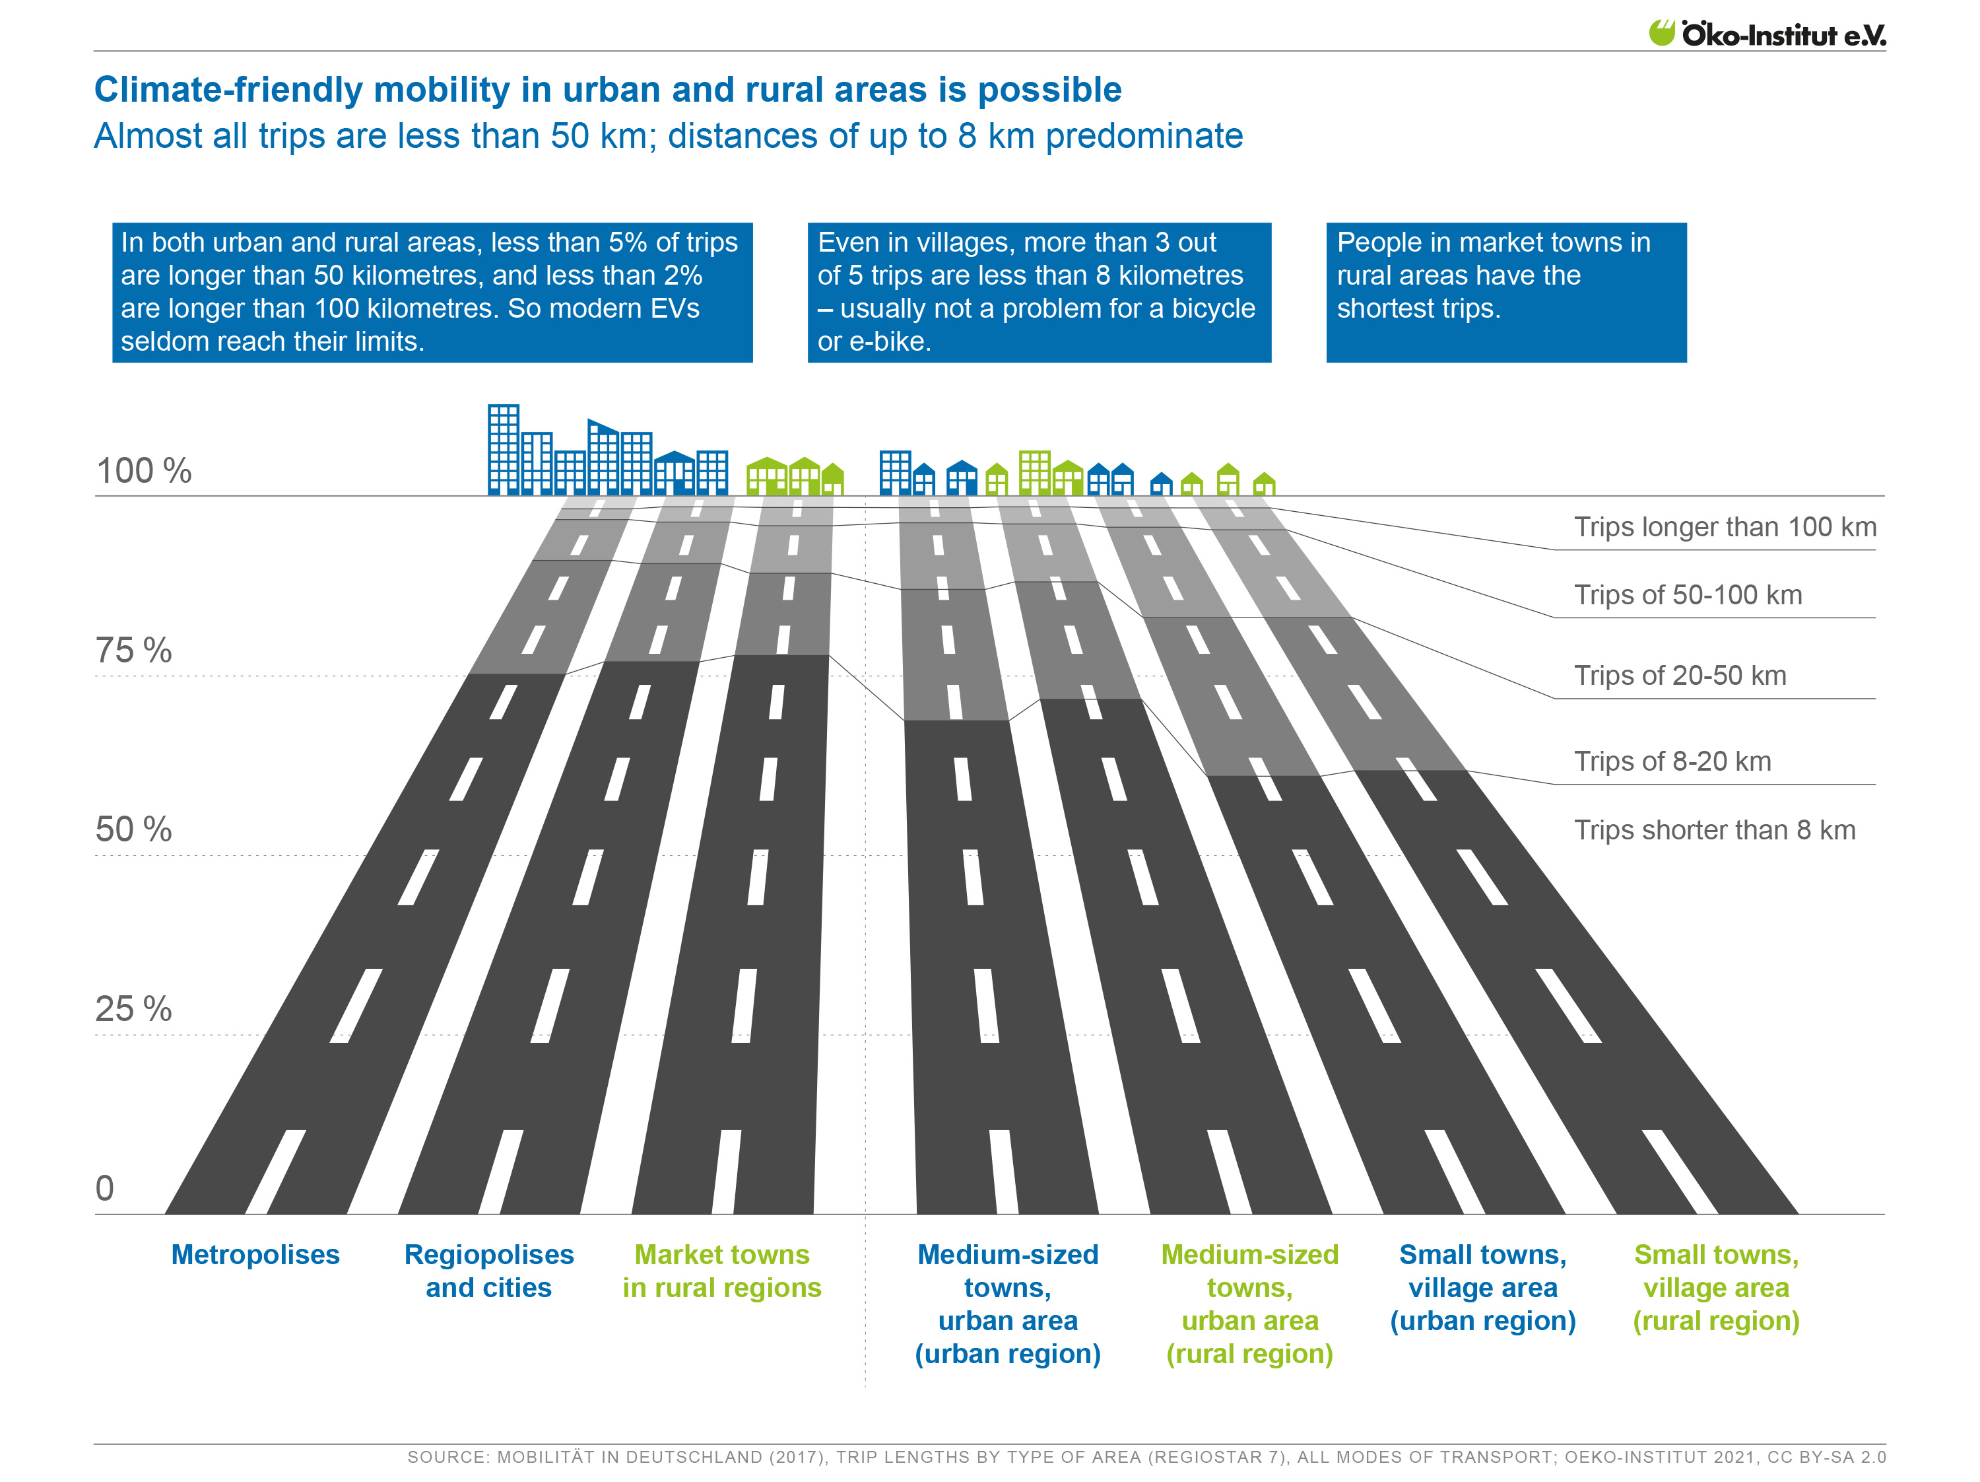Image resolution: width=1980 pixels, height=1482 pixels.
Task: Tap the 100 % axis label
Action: click(x=143, y=471)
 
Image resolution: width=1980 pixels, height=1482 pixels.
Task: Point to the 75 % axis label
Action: click(x=133, y=650)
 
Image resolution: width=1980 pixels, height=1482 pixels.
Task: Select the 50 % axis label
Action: click(x=133, y=829)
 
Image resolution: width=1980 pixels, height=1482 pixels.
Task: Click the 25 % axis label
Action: click(x=133, y=1009)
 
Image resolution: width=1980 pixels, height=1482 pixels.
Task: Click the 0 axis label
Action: click(x=105, y=1188)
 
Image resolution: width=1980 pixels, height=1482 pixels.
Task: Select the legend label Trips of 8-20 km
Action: click(x=1672, y=761)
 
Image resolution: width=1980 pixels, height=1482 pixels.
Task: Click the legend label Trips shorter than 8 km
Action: click(x=1713, y=830)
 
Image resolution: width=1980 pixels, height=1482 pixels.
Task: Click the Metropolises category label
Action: click(x=255, y=1255)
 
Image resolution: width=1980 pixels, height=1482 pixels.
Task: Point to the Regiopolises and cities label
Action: click(x=489, y=1271)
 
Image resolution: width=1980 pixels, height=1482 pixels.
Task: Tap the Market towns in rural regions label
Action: click(x=721, y=1271)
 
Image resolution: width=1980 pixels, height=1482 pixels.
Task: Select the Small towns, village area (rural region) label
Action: click(x=1715, y=1288)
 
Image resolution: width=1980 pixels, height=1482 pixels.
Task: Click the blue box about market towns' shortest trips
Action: click(x=1505, y=292)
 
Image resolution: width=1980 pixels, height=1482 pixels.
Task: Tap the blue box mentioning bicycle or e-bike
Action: click(x=1038, y=292)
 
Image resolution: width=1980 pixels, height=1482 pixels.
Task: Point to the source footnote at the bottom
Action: click(x=1146, y=1457)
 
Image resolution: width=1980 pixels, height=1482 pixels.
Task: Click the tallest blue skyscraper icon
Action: click(x=503, y=450)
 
